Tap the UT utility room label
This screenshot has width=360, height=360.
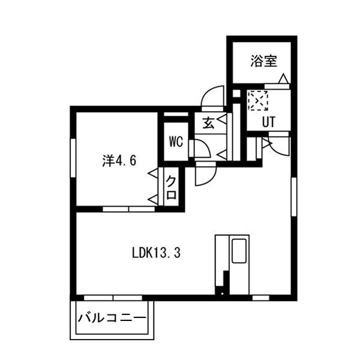click(268, 121)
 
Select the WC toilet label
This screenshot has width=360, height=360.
click(175, 142)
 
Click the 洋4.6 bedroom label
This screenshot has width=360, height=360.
click(120, 160)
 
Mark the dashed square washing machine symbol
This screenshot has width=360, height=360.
click(258, 100)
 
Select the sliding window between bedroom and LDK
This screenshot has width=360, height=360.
click(127, 209)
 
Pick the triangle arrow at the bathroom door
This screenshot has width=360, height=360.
click(283, 79)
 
